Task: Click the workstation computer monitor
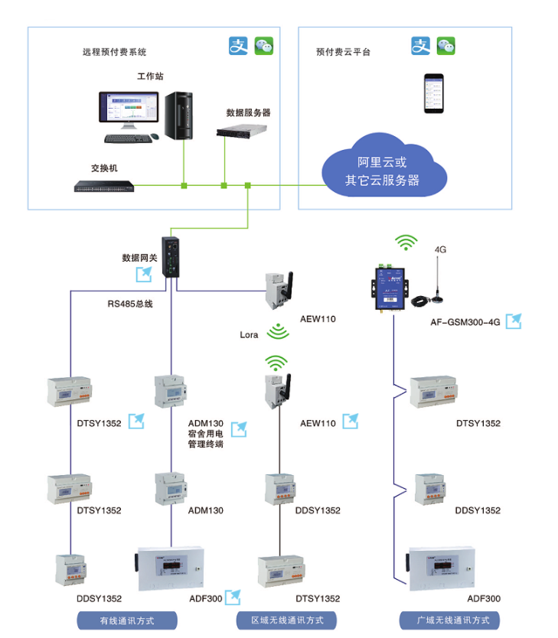(x=131, y=110)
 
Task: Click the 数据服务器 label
(x=248, y=112)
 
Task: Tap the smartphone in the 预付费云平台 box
(x=434, y=93)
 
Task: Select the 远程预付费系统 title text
(x=114, y=53)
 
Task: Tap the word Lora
(x=250, y=334)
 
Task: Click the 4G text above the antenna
(x=440, y=249)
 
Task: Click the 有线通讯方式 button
(x=128, y=620)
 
